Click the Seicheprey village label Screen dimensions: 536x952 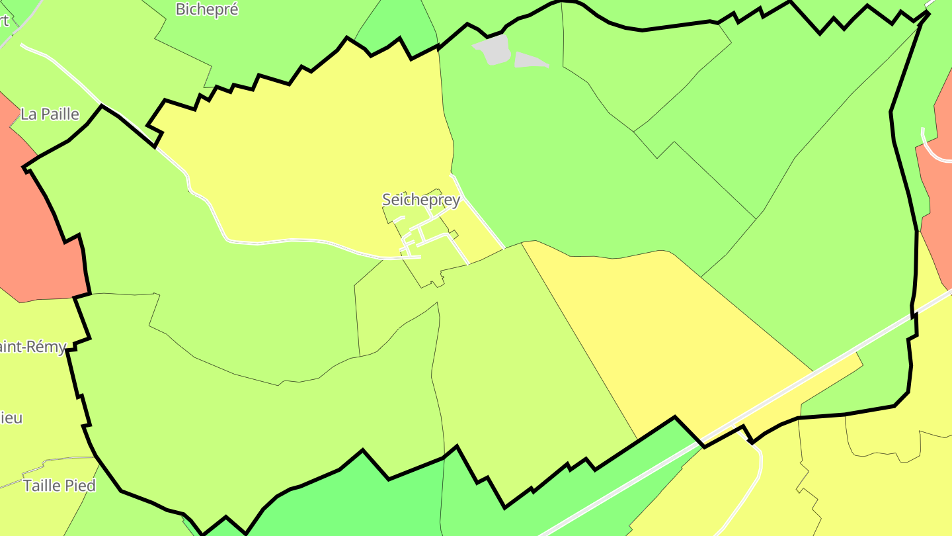[x=421, y=199]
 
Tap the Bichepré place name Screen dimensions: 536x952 [x=207, y=9]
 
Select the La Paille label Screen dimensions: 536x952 [x=50, y=114]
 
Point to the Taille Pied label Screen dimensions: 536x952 [x=59, y=485]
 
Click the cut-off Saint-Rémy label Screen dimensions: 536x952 [x=33, y=346]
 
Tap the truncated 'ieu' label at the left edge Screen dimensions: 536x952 [x=11, y=418]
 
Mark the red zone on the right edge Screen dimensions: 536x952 [x=935, y=199]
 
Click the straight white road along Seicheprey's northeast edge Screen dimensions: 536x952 [x=483, y=218]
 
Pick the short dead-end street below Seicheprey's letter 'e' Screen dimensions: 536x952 [x=399, y=218]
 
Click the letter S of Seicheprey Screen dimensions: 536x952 [x=387, y=199]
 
